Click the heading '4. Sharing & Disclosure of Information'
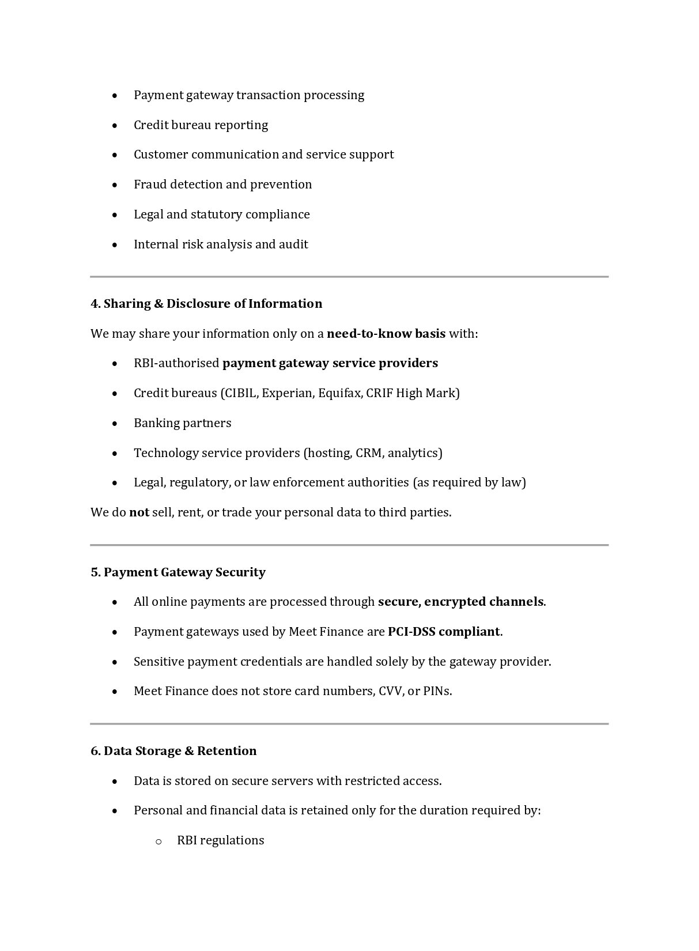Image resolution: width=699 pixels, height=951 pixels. (x=206, y=304)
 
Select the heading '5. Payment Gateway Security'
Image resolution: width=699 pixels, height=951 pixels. (x=178, y=572)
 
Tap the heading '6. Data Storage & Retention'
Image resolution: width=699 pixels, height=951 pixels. (x=173, y=751)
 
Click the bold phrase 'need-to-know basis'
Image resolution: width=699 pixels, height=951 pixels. (x=386, y=334)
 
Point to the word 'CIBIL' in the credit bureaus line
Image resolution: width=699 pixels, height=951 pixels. (x=240, y=393)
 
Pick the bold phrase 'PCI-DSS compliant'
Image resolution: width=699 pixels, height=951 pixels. (x=444, y=632)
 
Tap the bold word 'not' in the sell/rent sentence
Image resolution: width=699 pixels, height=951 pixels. (x=139, y=512)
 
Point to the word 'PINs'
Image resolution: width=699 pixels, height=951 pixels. (x=437, y=691)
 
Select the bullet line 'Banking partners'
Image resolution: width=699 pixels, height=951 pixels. (x=183, y=423)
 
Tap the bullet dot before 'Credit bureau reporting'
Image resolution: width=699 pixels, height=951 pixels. (x=116, y=125)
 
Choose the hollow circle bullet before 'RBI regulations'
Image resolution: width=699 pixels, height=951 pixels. (x=158, y=841)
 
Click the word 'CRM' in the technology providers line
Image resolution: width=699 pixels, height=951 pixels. (x=369, y=453)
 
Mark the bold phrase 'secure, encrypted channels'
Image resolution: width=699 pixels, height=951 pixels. (x=460, y=602)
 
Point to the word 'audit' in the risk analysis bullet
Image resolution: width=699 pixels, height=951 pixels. (x=293, y=244)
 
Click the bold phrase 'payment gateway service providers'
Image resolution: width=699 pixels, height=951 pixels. (x=330, y=363)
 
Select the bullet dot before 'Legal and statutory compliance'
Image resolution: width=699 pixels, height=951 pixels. (x=116, y=214)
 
